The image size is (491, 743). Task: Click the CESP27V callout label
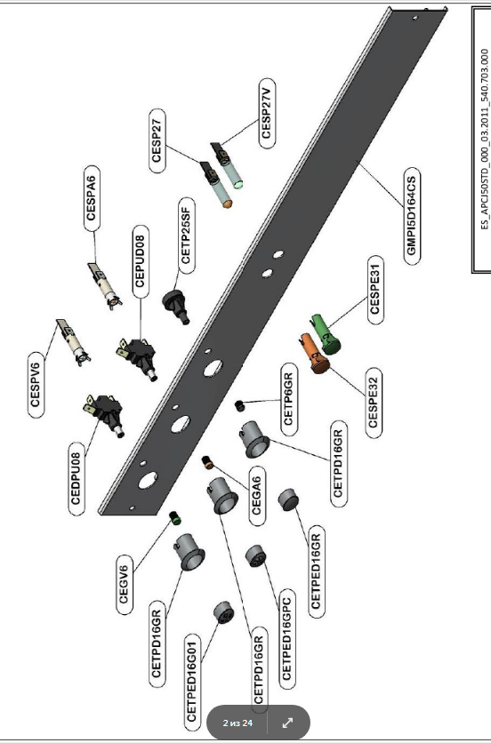267,114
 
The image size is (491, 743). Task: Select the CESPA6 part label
92,197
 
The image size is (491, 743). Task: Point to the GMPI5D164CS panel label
412,216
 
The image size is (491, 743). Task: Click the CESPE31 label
375,290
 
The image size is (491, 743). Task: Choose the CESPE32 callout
374,402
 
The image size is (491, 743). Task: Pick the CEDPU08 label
77,478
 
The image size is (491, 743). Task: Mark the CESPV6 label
36,385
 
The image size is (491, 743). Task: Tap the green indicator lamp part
326,334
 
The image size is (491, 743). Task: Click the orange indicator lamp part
314,353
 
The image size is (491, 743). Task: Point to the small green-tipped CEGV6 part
175,517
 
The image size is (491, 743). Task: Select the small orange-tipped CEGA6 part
207,462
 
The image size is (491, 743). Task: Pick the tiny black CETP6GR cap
239,405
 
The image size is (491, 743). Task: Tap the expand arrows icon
287,723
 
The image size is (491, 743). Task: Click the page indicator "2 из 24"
237,723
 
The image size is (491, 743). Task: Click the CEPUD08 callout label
140,261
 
